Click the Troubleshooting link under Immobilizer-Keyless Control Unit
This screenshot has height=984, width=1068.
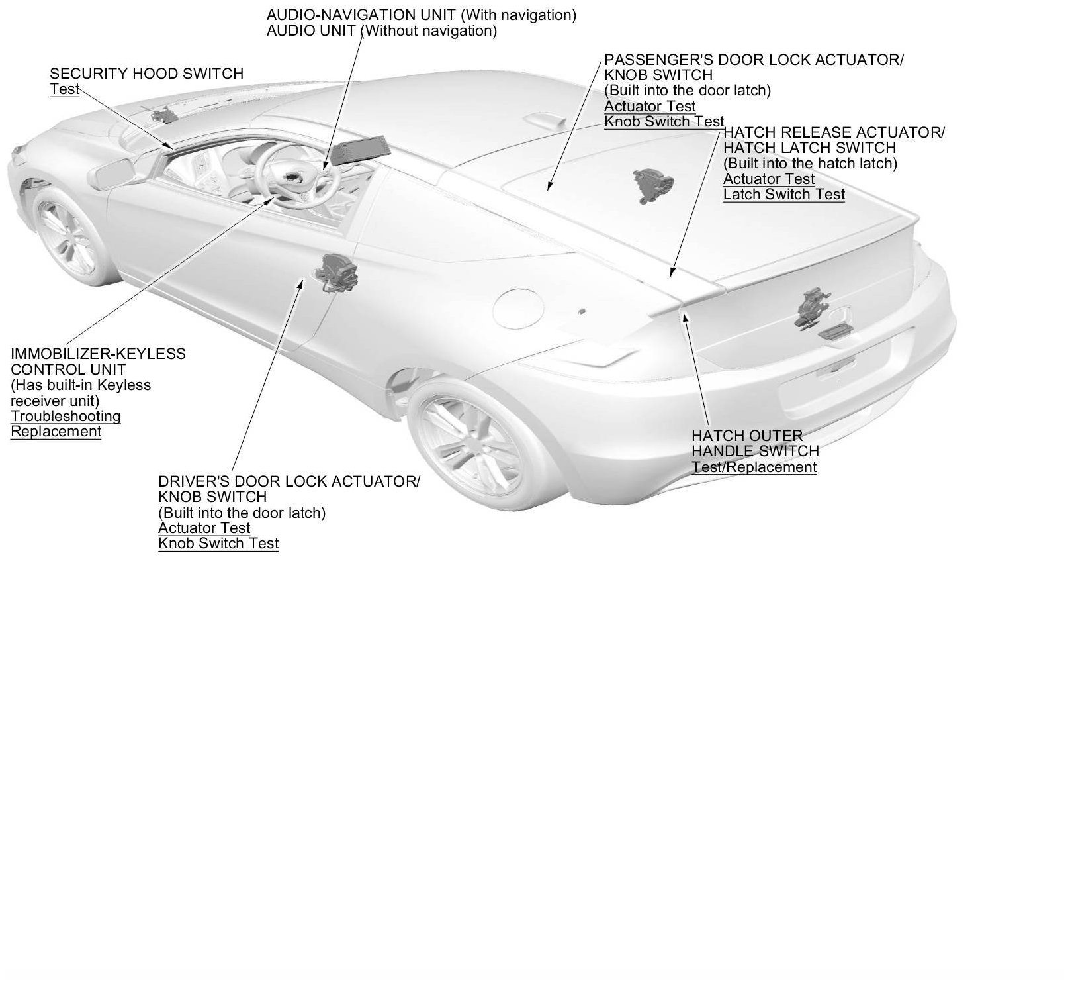[x=66, y=417]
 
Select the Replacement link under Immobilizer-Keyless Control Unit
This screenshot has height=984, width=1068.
[x=56, y=432]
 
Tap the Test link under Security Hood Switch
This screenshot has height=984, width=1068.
[x=64, y=89]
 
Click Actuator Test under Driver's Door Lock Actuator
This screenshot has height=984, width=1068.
[x=204, y=528]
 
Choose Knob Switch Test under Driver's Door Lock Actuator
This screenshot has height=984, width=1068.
[x=218, y=544]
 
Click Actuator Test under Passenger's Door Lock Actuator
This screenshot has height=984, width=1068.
[x=650, y=107]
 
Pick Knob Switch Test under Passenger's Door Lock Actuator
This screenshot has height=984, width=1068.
[x=664, y=122]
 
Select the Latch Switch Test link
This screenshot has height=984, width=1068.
[x=783, y=195]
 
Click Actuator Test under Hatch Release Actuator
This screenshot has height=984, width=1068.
[x=768, y=179]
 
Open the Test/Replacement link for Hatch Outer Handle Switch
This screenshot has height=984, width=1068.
[x=754, y=467]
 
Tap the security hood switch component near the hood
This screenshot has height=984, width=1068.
[x=162, y=116]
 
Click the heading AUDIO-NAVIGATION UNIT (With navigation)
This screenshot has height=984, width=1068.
[x=421, y=15]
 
